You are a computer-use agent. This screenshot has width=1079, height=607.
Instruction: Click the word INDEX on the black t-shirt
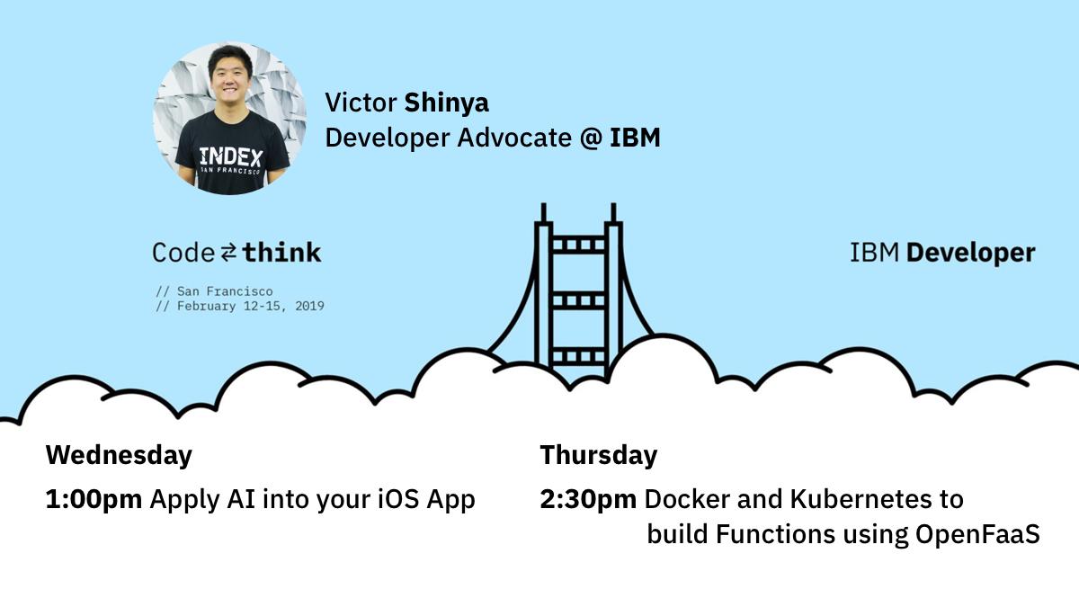click(231, 156)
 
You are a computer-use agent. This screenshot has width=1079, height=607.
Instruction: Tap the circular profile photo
click(229, 119)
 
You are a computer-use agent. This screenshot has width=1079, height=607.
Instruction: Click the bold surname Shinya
click(446, 103)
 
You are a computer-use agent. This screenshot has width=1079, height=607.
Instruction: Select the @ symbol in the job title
click(590, 138)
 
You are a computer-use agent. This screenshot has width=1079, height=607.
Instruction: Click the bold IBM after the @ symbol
click(635, 138)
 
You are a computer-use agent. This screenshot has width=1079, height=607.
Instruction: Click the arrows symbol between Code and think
click(229, 253)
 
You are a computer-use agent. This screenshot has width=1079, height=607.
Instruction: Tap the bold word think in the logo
click(281, 252)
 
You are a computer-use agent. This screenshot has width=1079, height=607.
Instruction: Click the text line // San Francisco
click(214, 291)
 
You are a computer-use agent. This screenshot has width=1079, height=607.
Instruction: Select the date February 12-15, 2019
click(250, 306)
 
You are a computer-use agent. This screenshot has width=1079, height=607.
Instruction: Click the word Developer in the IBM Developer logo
click(970, 254)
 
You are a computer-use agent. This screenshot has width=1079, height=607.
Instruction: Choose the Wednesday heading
click(119, 455)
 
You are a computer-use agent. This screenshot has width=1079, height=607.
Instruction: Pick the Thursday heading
click(598, 455)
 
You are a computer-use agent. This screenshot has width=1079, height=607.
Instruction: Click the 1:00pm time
click(94, 499)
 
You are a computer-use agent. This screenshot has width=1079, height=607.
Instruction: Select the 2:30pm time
click(588, 499)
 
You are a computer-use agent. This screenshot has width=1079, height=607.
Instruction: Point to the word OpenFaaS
click(977, 534)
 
